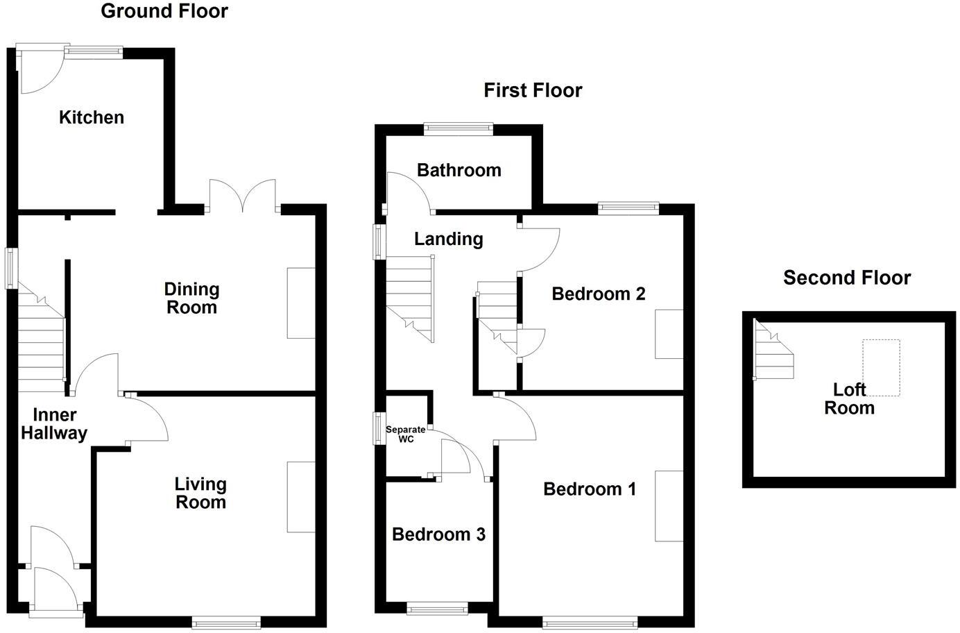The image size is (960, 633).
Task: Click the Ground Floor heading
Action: (164, 11)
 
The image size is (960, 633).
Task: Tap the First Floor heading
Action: (533, 90)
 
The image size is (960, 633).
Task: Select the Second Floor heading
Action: (846, 278)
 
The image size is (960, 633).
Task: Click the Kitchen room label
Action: (92, 117)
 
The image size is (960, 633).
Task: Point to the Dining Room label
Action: (191, 298)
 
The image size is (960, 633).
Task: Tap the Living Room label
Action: (200, 493)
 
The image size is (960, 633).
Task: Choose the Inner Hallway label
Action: (54, 424)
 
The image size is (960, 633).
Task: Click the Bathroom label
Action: (458, 170)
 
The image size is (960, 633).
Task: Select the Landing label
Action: (448, 239)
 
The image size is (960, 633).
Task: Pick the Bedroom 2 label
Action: (598, 294)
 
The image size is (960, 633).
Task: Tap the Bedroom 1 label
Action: (589, 489)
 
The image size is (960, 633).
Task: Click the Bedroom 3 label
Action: (438, 534)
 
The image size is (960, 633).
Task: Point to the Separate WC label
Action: (406, 434)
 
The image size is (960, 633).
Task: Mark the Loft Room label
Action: (849, 399)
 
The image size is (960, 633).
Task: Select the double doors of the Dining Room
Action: (243, 196)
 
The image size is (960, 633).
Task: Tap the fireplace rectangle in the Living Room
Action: (301, 497)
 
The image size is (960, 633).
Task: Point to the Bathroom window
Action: (458, 128)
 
